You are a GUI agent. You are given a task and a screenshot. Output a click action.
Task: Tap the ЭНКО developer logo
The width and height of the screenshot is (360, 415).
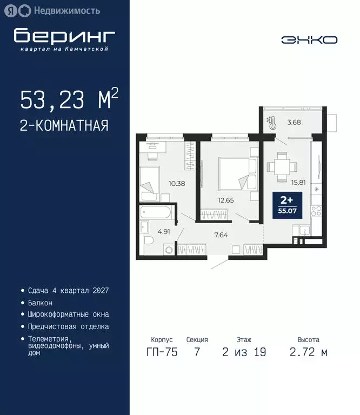(309, 40)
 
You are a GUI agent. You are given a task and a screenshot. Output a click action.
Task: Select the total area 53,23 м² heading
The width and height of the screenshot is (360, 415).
(69, 100)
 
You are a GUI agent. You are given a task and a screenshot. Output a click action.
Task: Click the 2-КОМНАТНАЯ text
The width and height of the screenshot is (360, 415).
(64, 126)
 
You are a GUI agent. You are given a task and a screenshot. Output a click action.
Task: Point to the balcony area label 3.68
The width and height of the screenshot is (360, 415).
(294, 122)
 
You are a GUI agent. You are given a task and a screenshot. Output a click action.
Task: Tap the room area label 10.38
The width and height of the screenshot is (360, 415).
(177, 183)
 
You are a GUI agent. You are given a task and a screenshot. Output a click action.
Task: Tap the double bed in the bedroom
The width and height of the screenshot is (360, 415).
(236, 173)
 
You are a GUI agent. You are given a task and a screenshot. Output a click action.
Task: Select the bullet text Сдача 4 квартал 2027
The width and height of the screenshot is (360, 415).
(68, 290)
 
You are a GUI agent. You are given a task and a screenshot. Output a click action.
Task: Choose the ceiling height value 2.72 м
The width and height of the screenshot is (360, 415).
(308, 353)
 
